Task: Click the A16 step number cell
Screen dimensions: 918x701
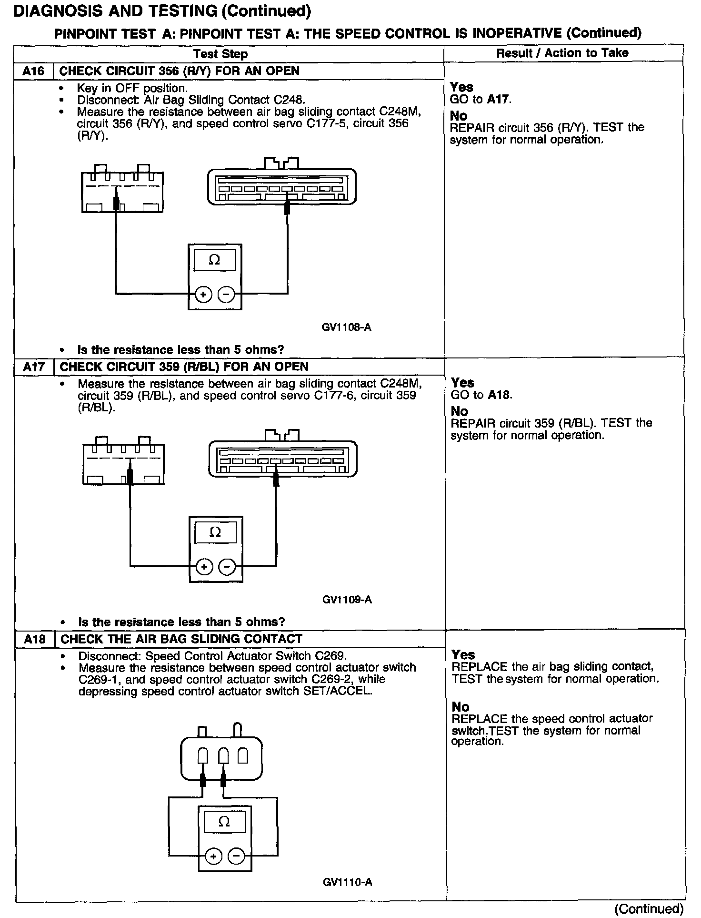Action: pyautogui.click(x=33, y=71)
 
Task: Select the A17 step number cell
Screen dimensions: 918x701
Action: pyautogui.click(x=34, y=367)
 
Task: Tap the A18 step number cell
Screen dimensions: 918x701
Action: pyautogui.click(x=35, y=639)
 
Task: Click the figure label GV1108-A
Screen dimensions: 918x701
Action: pyautogui.click(x=346, y=327)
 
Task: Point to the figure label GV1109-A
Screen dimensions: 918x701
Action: pyautogui.click(x=347, y=600)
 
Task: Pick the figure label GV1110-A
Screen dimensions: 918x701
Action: pyautogui.click(x=347, y=882)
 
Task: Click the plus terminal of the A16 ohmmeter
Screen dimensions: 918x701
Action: pyautogui.click(x=203, y=295)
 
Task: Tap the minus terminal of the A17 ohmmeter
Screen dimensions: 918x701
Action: pyautogui.click(x=227, y=567)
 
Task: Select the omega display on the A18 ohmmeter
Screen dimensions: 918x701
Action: pyautogui.click(x=224, y=822)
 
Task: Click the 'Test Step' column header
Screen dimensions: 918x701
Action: pyautogui.click(x=220, y=54)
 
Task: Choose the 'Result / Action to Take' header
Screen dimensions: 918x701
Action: pyautogui.click(x=562, y=53)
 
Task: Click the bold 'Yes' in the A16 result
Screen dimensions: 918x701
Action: pyautogui.click(x=461, y=87)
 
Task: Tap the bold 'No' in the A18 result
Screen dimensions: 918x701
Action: pyautogui.click(x=461, y=707)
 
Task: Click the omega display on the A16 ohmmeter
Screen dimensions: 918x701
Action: pyautogui.click(x=214, y=260)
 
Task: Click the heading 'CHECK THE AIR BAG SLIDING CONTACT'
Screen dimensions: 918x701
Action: pyautogui.click(x=181, y=639)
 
